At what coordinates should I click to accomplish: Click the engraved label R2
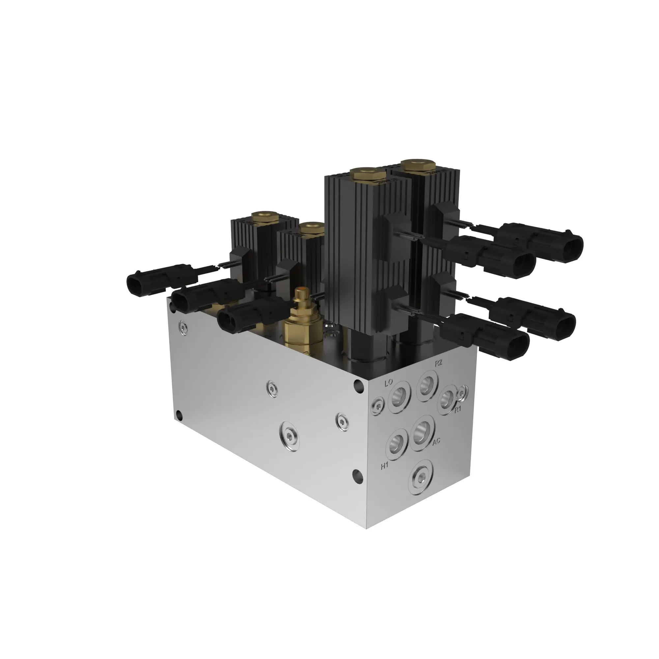438,363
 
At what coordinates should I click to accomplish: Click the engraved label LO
388,383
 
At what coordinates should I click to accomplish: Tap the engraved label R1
457,409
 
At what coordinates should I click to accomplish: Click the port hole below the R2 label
427,386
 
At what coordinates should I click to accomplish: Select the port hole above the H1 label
397,444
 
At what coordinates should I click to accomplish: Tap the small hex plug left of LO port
378,406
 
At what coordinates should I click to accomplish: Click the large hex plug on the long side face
289,437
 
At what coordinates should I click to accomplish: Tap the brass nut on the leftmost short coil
264,216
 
